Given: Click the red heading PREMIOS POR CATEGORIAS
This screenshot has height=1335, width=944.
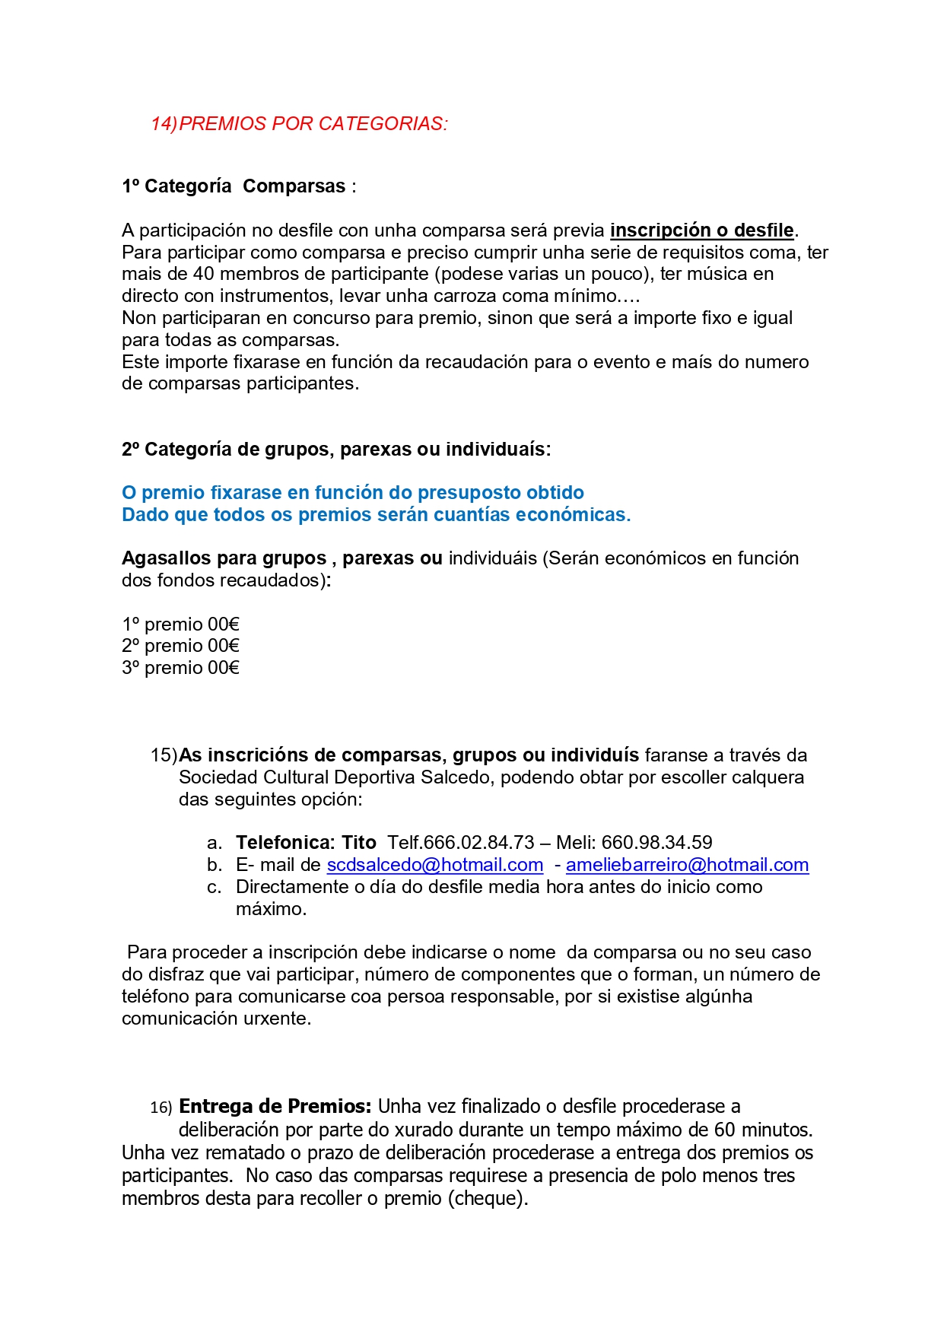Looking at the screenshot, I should click(x=313, y=124).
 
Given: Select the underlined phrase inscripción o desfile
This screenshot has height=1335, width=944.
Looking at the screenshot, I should click(x=701, y=230).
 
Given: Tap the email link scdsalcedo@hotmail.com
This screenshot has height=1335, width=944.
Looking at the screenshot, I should click(x=435, y=865).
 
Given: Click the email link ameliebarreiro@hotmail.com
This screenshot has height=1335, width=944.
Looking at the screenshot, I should click(x=687, y=865).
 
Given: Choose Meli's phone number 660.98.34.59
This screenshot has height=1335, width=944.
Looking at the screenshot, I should click(x=656, y=843).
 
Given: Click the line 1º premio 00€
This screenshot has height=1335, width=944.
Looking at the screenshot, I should click(x=180, y=625).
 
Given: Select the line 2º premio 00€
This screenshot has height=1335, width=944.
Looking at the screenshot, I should click(x=180, y=646).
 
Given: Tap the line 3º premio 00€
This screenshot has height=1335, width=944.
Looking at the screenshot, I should click(x=180, y=668).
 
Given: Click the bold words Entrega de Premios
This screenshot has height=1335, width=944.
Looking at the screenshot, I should click(x=275, y=1106).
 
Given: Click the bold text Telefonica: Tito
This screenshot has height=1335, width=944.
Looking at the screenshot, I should click(x=306, y=843).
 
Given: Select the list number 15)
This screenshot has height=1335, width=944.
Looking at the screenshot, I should click(x=164, y=755).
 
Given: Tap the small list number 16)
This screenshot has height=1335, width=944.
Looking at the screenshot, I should click(x=161, y=1108).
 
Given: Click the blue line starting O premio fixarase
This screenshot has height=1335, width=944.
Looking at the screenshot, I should click(x=352, y=493).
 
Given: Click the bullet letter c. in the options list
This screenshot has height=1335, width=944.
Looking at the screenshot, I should click(x=215, y=887).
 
